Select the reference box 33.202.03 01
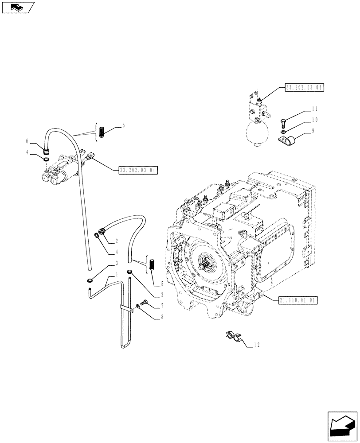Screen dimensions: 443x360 tap(138, 170)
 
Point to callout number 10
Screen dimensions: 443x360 tap(315, 120)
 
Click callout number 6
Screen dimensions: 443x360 tap(27, 141)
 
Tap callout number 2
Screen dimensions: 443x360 tap(116, 241)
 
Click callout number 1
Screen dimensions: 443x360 tap(116, 275)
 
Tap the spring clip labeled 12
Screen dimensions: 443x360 tap(234, 337)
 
